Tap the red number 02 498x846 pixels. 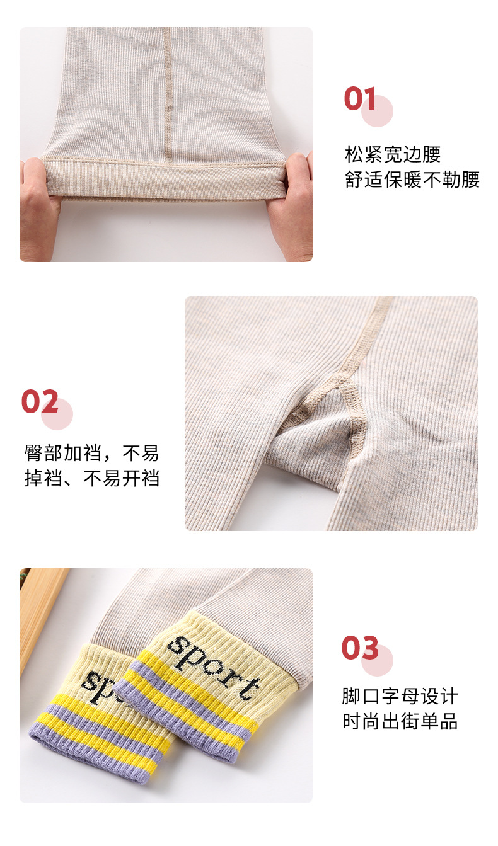[x=40, y=401]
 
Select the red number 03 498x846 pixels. [x=360, y=648]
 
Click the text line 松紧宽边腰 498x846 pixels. [x=393, y=154]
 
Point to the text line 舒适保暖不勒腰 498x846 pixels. [x=412, y=180]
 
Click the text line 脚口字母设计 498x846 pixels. [x=400, y=696]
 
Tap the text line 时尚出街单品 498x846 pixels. [x=400, y=721]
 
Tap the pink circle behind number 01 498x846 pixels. [x=377, y=111]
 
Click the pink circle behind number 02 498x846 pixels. [x=57, y=414]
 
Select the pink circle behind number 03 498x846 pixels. [x=377, y=660]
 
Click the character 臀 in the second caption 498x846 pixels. [x=33, y=453]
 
